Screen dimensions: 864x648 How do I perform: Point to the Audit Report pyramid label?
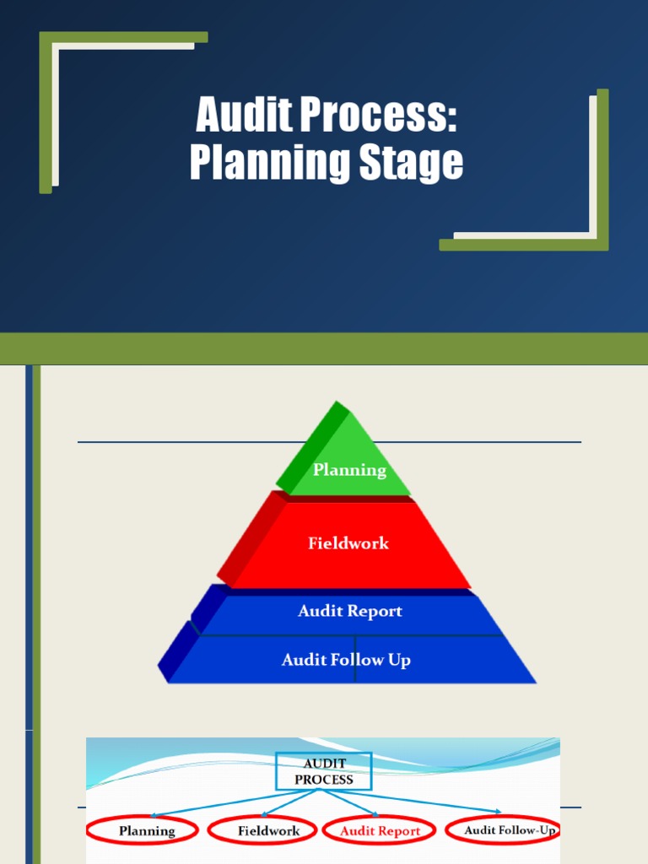coord(349,611)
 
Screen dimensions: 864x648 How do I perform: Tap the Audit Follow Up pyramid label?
coord(346,660)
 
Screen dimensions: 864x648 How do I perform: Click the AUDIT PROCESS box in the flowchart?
coord(323,771)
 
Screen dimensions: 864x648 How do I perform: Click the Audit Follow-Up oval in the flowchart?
coord(504,830)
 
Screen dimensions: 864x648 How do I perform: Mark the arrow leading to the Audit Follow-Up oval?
coord(439,802)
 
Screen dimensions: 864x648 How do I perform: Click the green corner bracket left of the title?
coord(47,110)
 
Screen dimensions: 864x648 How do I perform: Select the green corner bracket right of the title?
coord(602,169)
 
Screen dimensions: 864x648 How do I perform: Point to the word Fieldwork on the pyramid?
coord(348,543)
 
